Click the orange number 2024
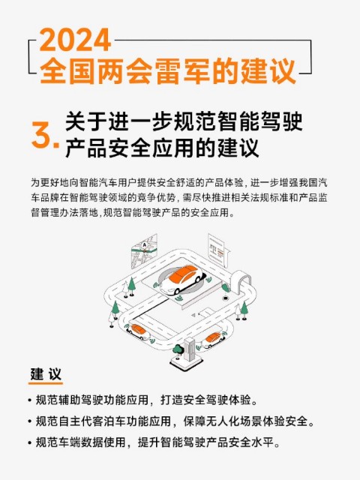click(x=75, y=40)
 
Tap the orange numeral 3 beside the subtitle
click(x=42, y=135)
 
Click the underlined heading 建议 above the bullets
click(x=46, y=373)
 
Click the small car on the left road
click(x=137, y=331)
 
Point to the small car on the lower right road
click(x=214, y=340)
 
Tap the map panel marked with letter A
click(x=144, y=251)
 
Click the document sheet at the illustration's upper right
click(x=219, y=250)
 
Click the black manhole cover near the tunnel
click(x=226, y=298)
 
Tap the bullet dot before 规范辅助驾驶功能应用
click(x=30, y=400)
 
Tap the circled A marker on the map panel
click(x=145, y=245)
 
